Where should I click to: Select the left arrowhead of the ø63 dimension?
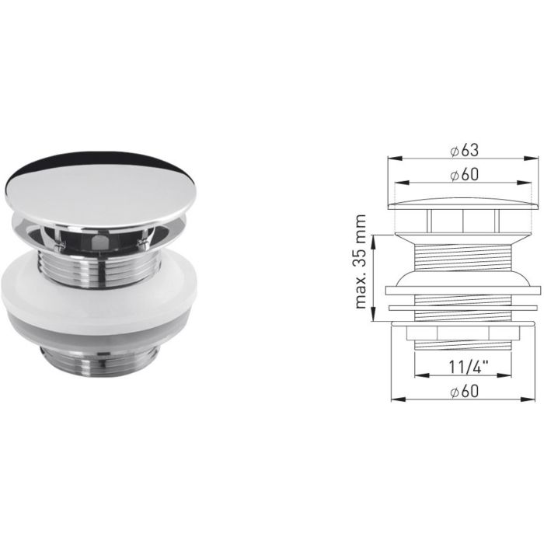coord(392,159)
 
